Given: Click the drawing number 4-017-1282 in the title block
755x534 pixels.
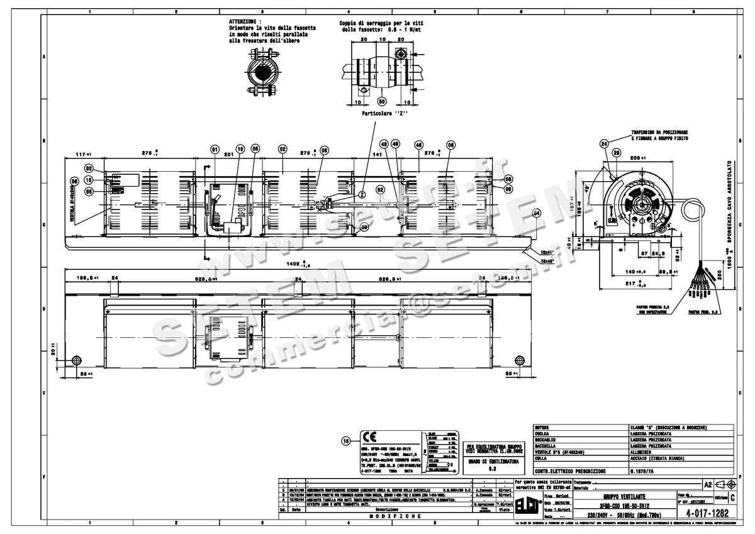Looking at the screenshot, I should click(x=703, y=513).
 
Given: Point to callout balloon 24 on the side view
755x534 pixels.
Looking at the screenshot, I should click(x=604, y=143).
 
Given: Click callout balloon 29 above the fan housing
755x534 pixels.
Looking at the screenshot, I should click(x=617, y=152).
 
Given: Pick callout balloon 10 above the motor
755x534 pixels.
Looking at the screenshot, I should click(x=240, y=149).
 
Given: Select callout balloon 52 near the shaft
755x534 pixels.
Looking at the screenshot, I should click(x=379, y=189).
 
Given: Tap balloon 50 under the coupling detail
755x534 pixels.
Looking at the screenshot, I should click(x=381, y=101).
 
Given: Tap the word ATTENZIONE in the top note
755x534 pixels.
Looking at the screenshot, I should click(x=245, y=21).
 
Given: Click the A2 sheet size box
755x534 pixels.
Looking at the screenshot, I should click(x=708, y=484).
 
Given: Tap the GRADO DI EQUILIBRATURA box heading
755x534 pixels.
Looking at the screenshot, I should click(x=493, y=461).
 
